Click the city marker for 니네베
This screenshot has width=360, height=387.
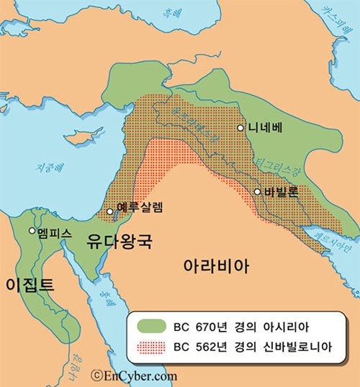click(241, 127)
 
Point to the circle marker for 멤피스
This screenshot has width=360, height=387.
click(32, 231)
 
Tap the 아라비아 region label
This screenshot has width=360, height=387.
click(217, 265)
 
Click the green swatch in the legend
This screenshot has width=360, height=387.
click(150, 325)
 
